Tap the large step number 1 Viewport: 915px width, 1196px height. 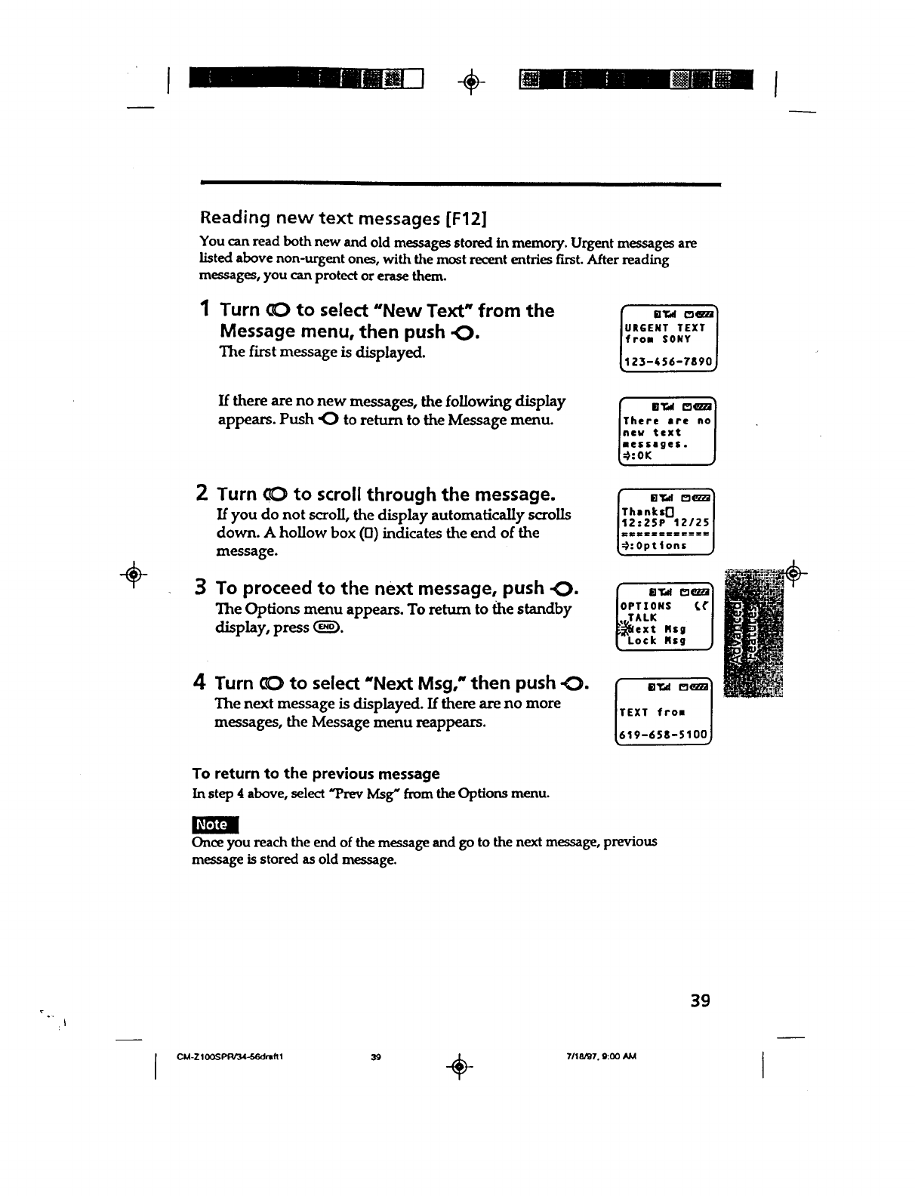(205, 309)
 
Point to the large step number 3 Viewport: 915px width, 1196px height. (202, 587)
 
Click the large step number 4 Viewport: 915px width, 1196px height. (200, 683)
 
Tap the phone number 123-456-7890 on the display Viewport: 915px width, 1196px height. (665, 363)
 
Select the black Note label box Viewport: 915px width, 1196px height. (215, 825)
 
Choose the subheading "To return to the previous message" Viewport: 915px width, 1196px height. (316, 774)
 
